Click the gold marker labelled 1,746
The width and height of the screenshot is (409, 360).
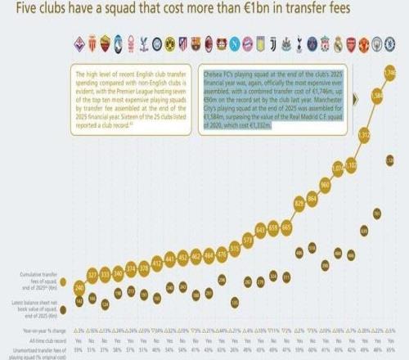389,74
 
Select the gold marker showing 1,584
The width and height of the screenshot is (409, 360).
376,96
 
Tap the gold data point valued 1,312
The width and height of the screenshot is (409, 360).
363,134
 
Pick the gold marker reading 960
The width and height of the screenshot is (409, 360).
324,185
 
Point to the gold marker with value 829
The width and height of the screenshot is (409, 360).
299,201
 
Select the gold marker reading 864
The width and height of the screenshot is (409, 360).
312,199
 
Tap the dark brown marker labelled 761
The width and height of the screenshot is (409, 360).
376,214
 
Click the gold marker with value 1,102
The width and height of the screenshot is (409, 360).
350,165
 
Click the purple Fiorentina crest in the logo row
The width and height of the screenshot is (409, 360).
79,40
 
